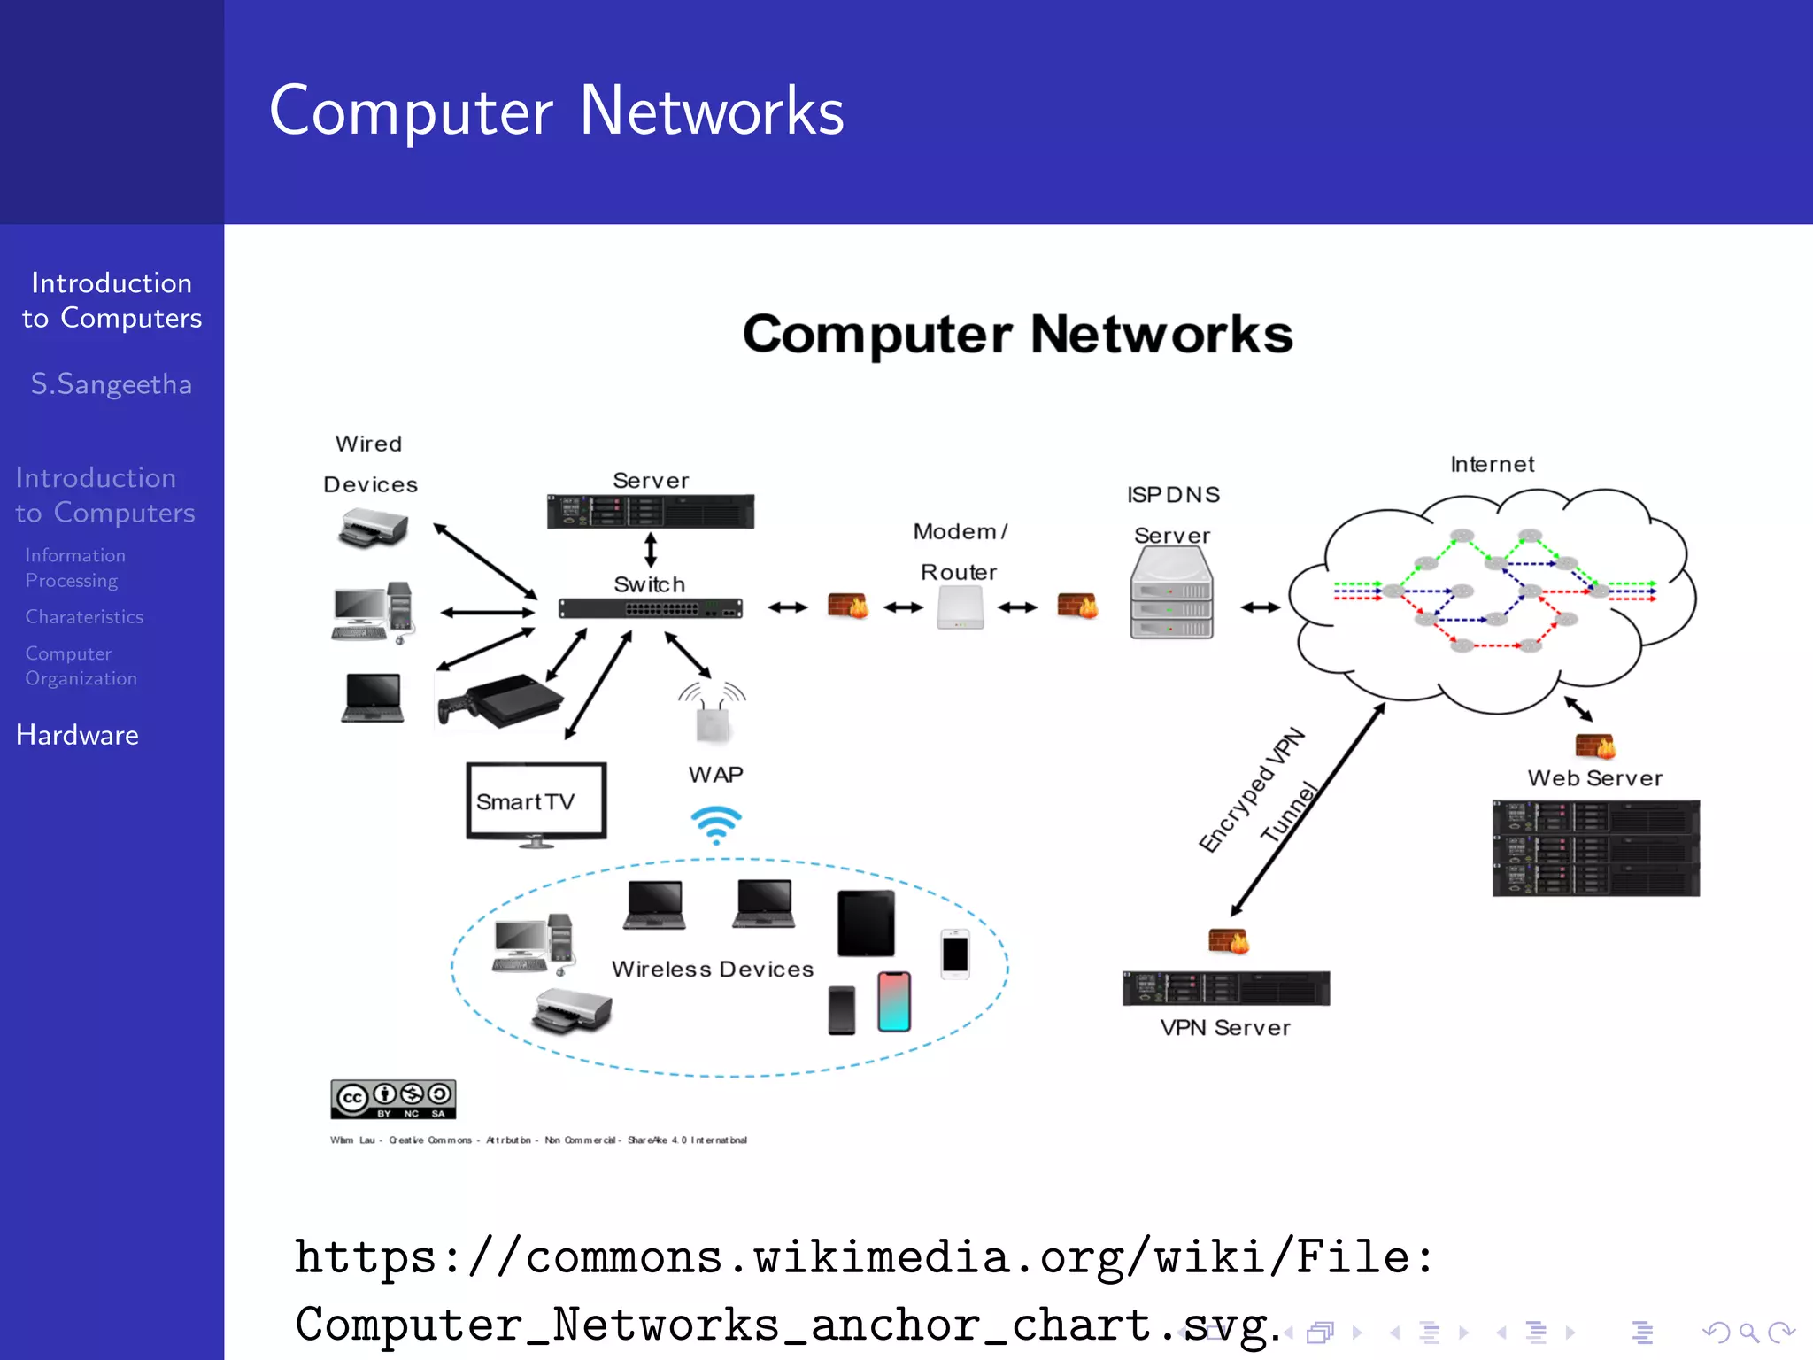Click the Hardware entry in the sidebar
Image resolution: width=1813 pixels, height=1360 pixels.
point(77,735)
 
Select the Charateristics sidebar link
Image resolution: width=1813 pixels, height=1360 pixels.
point(84,616)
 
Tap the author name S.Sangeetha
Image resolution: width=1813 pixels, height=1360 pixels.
point(112,384)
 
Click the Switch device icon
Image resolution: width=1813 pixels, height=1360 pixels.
point(650,609)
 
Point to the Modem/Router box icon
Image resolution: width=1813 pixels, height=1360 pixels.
point(961,609)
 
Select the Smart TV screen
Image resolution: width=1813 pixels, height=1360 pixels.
point(536,800)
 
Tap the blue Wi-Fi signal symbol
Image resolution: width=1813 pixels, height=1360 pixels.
point(715,824)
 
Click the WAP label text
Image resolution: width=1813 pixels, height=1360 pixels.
point(715,775)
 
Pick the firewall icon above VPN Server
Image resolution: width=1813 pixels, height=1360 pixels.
point(1229,941)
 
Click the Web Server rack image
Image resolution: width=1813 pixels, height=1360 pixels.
point(1595,848)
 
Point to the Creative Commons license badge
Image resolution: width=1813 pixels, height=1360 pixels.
point(393,1099)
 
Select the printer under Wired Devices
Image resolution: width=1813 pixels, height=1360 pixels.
point(373,529)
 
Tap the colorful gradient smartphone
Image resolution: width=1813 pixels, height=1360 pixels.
point(894,1001)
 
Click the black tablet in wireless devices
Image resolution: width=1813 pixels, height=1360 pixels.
point(866,923)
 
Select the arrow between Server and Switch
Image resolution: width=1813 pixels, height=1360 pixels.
point(651,549)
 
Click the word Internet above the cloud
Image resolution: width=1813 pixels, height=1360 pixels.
point(1492,464)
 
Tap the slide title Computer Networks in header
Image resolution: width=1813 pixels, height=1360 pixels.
point(557,112)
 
